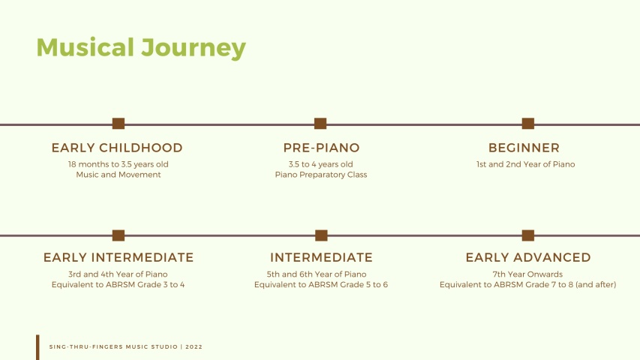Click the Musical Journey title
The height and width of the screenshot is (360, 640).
(x=141, y=48)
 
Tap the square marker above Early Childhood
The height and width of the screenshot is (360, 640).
(x=119, y=123)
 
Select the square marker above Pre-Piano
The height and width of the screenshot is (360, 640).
(x=320, y=123)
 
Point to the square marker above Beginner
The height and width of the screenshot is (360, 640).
(x=528, y=123)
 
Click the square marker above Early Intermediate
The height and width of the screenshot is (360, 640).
(x=119, y=235)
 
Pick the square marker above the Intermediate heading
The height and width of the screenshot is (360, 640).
(x=321, y=235)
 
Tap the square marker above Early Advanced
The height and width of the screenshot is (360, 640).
(x=528, y=235)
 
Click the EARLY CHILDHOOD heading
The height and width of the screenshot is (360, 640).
(x=117, y=148)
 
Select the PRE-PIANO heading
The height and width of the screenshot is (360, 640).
(x=321, y=148)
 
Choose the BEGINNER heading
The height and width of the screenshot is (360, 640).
(x=524, y=148)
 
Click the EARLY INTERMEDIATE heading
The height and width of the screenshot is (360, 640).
(x=119, y=257)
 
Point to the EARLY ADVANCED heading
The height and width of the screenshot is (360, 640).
(x=528, y=257)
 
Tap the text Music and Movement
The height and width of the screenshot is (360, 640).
(x=119, y=175)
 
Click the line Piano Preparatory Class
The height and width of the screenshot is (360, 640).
(x=321, y=175)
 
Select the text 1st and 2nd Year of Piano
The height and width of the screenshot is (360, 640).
(x=526, y=164)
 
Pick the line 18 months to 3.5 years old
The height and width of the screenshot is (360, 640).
(x=119, y=164)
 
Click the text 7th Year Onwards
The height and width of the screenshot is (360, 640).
(x=527, y=274)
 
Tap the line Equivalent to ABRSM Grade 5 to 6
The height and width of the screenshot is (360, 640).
(x=321, y=284)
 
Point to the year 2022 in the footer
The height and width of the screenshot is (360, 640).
(x=194, y=347)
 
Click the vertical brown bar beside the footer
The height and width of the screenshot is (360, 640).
(x=38, y=347)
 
